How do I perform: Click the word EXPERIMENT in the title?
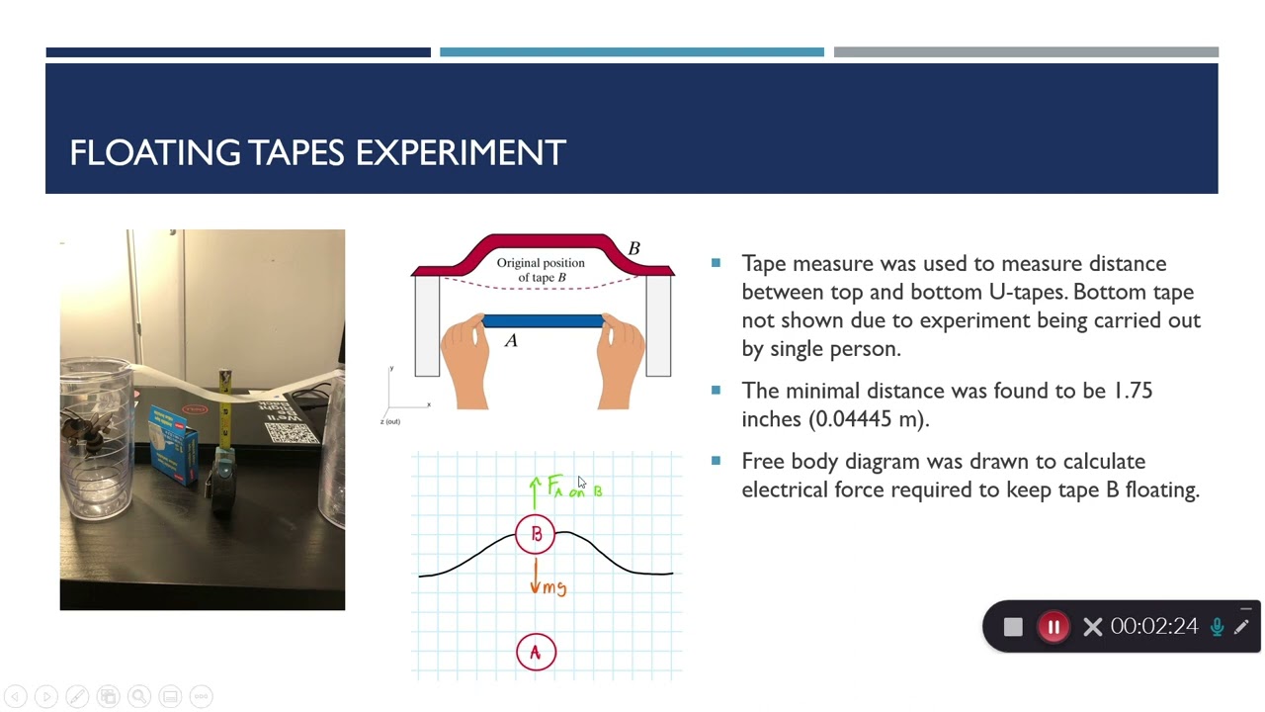[x=461, y=153]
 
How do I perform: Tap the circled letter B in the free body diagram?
[x=536, y=534]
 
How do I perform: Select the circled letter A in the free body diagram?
[x=536, y=653]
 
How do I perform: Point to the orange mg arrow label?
[x=552, y=587]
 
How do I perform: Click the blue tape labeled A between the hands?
[x=543, y=321]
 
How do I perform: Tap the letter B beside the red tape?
[x=633, y=248]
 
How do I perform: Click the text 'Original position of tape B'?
[x=541, y=270]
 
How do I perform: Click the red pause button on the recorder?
[x=1054, y=627]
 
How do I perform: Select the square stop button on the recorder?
[x=1013, y=627]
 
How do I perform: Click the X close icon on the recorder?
[x=1092, y=627]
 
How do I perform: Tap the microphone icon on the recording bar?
[x=1217, y=627]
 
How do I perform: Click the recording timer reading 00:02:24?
[x=1153, y=627]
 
